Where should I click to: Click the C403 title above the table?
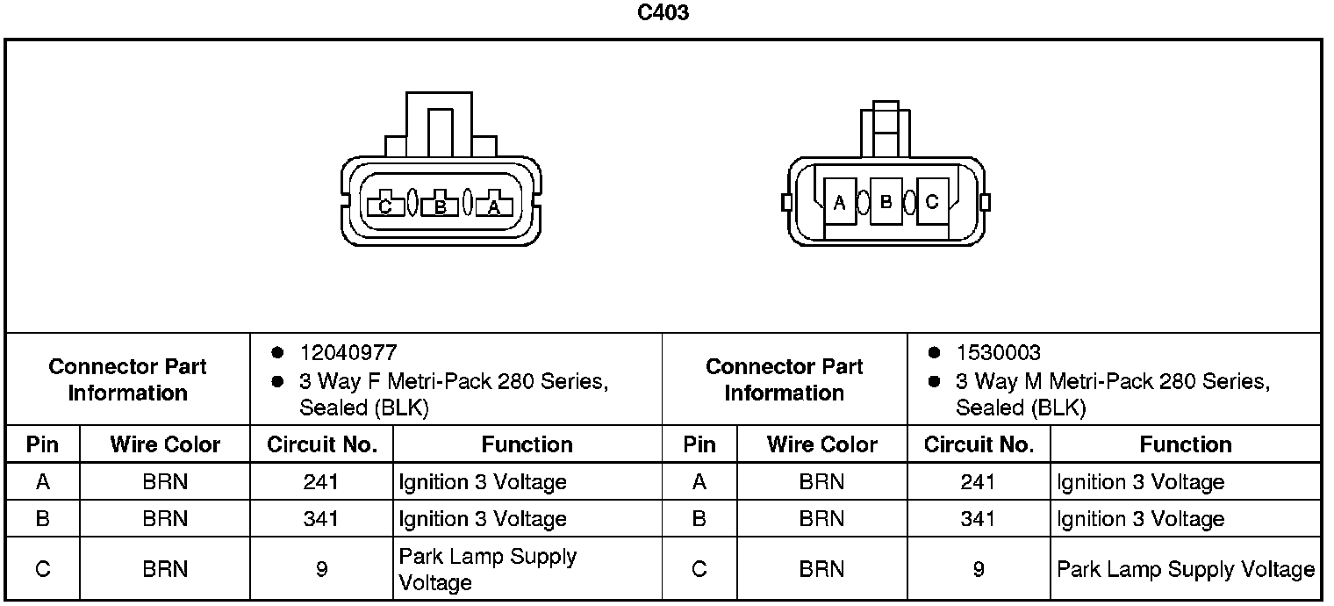click(663, 13)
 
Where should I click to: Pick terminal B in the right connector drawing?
click(886, 202)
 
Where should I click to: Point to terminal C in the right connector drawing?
click(932, 202)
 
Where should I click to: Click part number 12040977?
click(348, 353)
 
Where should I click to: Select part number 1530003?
click(998, 353)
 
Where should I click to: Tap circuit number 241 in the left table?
click(320, 481)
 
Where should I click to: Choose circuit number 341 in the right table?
click(978, 518)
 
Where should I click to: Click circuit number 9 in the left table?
click(320, 569)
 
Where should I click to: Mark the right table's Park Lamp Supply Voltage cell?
click(1185, 569)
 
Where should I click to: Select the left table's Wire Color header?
click(165, 444)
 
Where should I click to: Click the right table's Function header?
click(1185, 444)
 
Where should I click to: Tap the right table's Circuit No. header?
click(979, 444)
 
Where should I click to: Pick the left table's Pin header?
click(42, 444)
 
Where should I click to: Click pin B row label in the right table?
click(699, 518)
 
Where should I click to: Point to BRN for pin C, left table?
click(165, 569)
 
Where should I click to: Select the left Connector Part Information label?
click(127, 379)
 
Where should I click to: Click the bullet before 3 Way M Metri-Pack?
click(935, 382)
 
